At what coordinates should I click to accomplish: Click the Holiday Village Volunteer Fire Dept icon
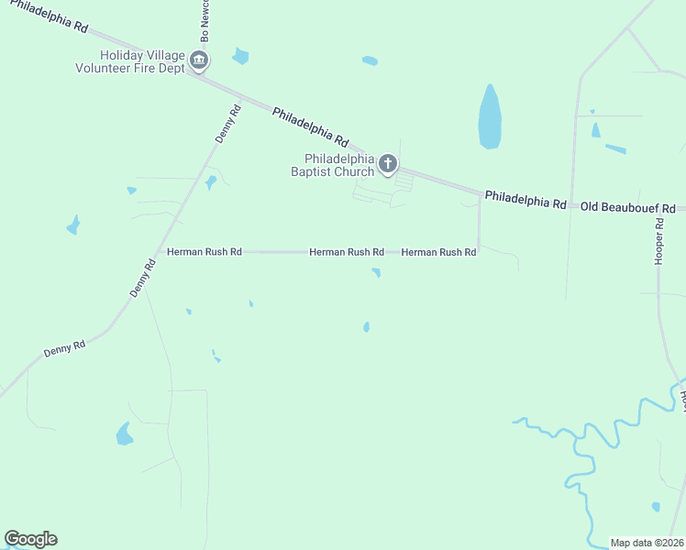coord(199,61)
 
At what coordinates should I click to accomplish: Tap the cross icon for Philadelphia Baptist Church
coord(388,164)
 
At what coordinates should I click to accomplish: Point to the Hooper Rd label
coord(658,243)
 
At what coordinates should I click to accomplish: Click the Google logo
coord(30,539)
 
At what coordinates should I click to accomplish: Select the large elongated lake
coord(490,117)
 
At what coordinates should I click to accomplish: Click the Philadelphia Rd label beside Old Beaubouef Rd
coord(526,199)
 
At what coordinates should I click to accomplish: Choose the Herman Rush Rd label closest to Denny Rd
coord(204,251)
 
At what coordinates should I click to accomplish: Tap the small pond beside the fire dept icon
coord(240,56)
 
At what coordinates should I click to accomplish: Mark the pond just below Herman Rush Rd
coord(376,271)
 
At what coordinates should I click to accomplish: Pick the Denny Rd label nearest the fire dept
coord(227,124)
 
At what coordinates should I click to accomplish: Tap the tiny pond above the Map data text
coord(655,506)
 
